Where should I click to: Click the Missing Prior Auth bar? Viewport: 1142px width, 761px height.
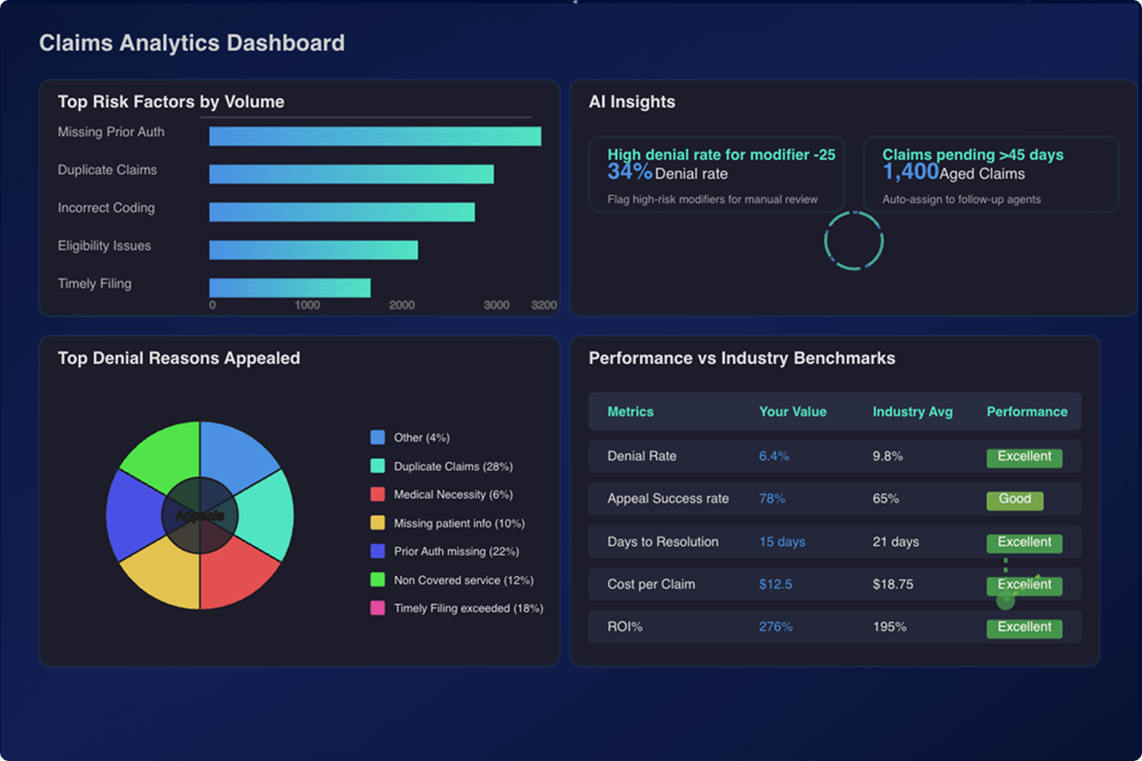[375, 136]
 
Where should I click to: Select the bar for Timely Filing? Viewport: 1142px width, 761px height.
[290, 288]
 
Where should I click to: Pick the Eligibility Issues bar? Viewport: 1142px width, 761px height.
[313, 250]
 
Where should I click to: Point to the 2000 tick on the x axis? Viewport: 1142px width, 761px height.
[402, 305]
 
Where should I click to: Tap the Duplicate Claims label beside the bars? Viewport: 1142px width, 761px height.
[107, 170]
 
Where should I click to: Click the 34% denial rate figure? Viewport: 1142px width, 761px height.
[629, 172]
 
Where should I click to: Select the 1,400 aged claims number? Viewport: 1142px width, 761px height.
[910, 172]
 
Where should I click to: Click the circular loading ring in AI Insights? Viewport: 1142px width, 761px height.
[853, 241]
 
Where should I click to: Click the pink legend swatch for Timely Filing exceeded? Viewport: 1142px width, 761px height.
[377, 608]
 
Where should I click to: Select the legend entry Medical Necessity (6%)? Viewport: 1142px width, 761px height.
[452, 495]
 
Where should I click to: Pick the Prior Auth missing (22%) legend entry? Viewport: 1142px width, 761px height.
[456, 552]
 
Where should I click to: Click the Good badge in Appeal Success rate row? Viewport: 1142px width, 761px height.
[1015, 499]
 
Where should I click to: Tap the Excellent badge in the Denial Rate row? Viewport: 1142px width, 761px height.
[1024, 457]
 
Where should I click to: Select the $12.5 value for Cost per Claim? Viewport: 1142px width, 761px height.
[775, 584]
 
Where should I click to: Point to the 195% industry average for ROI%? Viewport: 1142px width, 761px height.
[889, 626]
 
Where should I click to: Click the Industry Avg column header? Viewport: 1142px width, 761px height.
[912, 412]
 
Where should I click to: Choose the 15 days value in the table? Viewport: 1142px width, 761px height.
[782, 542]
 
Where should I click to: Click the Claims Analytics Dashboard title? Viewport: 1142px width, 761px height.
[191, 42]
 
